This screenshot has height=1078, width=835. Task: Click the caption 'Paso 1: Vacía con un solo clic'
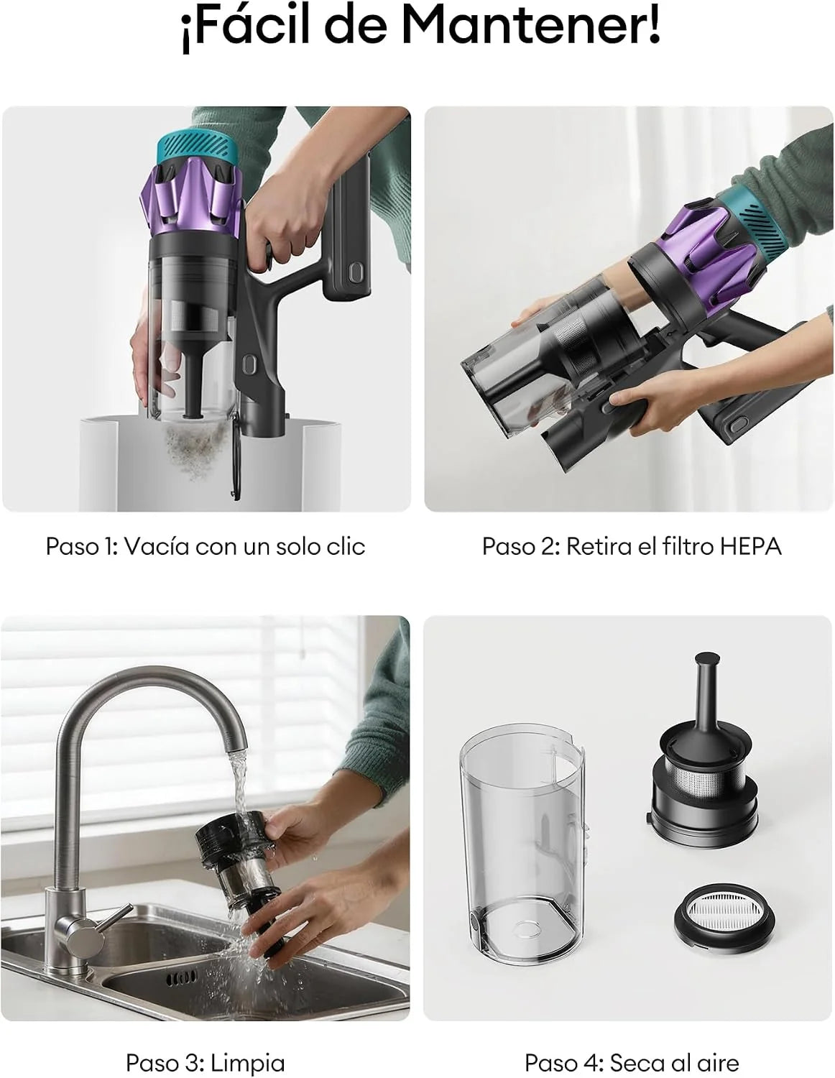(206, 547)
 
